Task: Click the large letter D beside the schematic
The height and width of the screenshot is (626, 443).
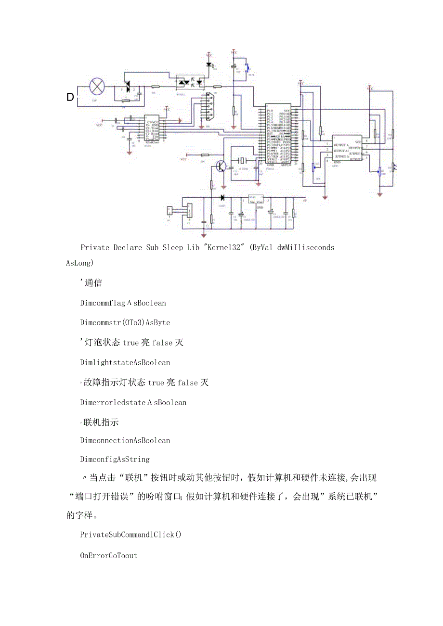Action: click(x=70, y=98)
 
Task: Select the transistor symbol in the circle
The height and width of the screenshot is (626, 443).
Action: click(x=221, y=166)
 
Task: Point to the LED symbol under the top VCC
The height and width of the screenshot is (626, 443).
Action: click(x=209, y=64)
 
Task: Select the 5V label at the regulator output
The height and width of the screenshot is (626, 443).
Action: click(x=304, y=201)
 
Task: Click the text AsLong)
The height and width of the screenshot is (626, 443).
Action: click(x=80, y=263)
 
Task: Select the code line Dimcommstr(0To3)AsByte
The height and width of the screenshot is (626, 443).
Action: click(x=125, y=322)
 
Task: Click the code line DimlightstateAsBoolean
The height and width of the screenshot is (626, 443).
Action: click(x=125, y=362)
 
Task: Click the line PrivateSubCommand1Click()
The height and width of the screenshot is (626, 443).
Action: click(x=130, y=535)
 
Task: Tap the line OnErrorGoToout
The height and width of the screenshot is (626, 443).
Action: click(x=108, y=555)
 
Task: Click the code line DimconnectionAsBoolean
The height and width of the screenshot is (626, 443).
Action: click(x=125, y=440)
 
